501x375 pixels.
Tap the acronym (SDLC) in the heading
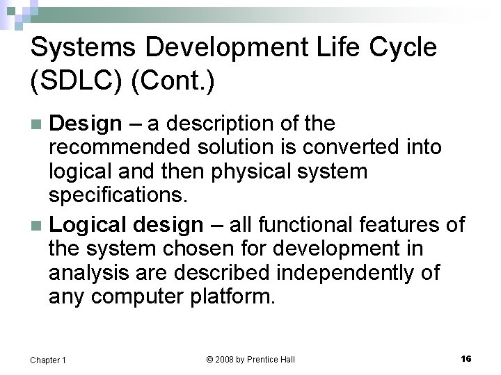(78, 81)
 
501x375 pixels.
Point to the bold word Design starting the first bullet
(86, 124)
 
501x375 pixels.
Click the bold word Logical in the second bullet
(91, 224)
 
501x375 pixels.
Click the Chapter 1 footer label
(48, 360)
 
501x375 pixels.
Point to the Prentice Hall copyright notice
(250, 359)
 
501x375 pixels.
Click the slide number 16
(466, 358)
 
